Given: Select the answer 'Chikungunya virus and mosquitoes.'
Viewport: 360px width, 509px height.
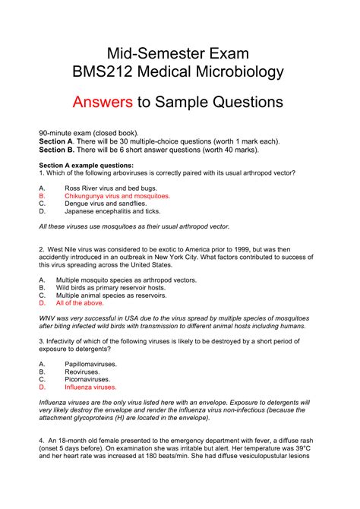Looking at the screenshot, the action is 118,195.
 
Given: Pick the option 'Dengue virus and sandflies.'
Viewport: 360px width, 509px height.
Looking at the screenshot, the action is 107,204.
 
